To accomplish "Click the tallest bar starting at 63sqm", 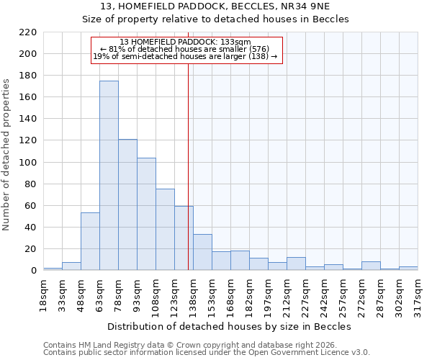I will (x=109, y=176).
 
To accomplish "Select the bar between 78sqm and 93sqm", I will (x=127, y=204).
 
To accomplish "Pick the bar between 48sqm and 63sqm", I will (x=90, y=241).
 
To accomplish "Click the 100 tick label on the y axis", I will (x=29, y=163).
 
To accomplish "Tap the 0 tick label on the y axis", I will (x=34, y=271).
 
